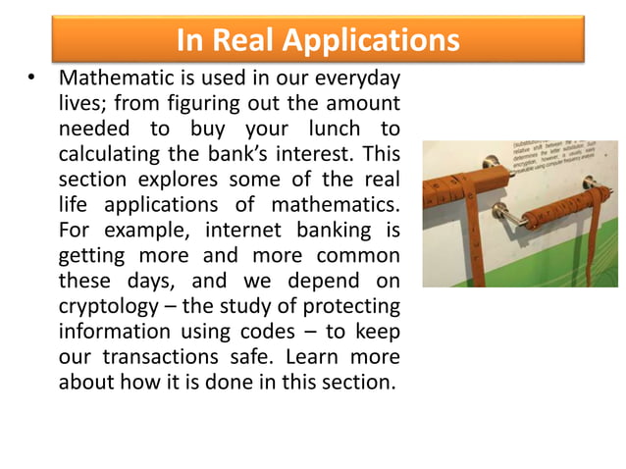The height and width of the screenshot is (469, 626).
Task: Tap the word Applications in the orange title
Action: click(x=373, y=40)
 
